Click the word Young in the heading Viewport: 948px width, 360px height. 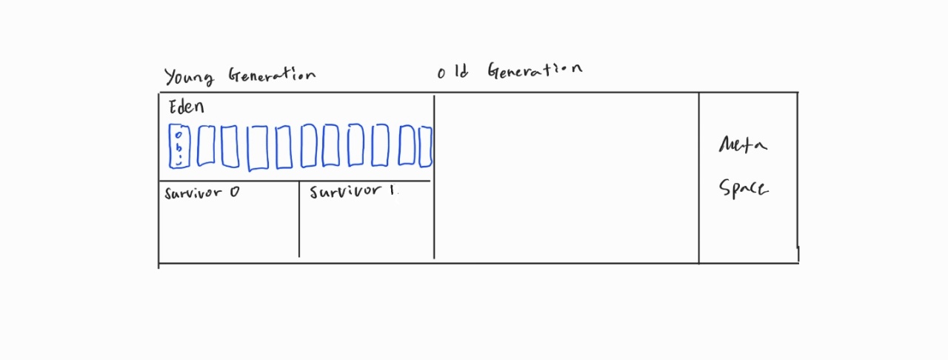click(189, 77)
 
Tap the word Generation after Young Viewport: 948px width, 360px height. click(271, 76)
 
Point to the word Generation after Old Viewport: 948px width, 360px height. click(535, 71)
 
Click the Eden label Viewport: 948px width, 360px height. click(186, 107)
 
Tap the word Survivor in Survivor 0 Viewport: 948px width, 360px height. click(193, 193)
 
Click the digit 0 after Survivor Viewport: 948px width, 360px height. click(234, 193)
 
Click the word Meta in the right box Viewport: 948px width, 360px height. click(743, 144)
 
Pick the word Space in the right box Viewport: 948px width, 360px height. click(744, 188)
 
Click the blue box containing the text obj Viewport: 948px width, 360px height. click(178, 146)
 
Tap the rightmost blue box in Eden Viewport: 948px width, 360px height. click(425, 147)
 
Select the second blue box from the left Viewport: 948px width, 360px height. click(205, 145)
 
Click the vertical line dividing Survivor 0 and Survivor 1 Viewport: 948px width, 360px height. click(299, 222)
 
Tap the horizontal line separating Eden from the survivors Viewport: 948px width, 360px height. click(296, 181)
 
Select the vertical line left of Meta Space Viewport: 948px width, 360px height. click(698, 178)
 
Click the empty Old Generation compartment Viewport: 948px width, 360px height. click(567, 178)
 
